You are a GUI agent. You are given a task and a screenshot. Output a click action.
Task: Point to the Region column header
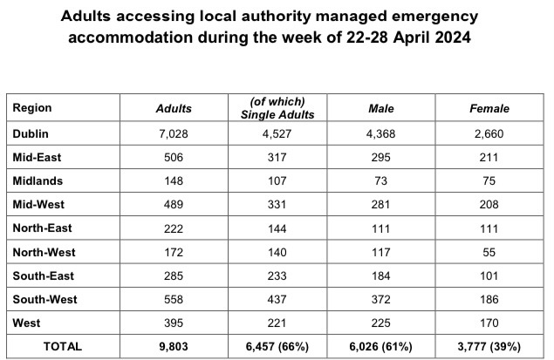(x=33, y=108)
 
